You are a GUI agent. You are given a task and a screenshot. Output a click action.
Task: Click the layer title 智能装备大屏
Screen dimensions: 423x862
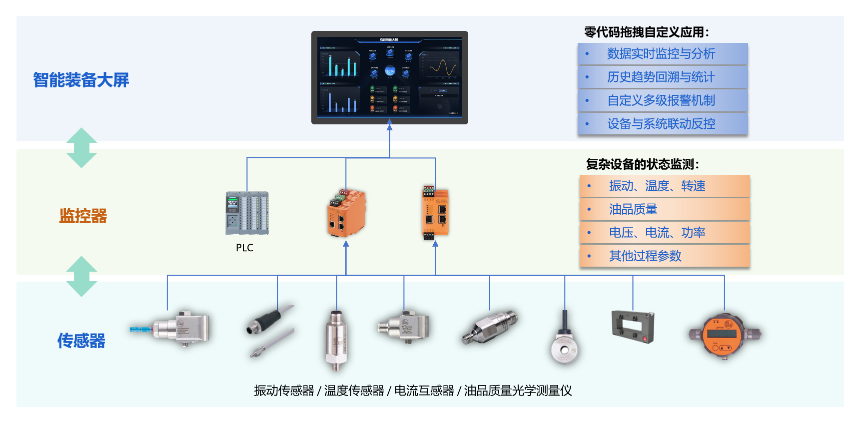click(x=81, y=80)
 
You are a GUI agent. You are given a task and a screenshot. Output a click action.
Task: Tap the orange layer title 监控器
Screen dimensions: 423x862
click(x=83, y=216)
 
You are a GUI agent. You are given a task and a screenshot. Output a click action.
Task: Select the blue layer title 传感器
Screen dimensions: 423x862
click(x=81, y=341)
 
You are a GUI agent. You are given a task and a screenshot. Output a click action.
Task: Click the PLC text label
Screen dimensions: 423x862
click(x=244, y=248)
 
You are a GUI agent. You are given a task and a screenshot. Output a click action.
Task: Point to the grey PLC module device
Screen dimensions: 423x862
click(x=247, y=213)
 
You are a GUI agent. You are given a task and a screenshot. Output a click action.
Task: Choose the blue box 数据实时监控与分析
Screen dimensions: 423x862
click(x=662, y=53)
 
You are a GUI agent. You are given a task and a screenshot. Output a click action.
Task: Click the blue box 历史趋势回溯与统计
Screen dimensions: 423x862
click(x=662, y=77)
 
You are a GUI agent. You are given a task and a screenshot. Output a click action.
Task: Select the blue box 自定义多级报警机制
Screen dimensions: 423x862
click(x=662, y=100)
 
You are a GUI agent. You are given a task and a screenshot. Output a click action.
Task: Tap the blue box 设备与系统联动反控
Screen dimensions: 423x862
click(x=662, y=124)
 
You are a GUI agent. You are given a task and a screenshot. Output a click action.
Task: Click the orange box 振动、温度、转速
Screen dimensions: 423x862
click(x=664, y=186)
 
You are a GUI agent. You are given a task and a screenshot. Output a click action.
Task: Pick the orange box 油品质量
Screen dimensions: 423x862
click(x=664, y=209)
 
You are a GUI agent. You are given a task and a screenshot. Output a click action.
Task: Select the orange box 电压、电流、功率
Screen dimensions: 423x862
click(x=664, y=233)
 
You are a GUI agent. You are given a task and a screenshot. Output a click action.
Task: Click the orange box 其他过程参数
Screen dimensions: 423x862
click(x=664, y=256)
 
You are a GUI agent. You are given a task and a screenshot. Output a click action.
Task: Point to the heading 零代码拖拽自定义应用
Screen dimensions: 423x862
click(x=646, y=32)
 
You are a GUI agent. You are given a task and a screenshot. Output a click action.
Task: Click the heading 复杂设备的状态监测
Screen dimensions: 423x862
click(x=642, y=164)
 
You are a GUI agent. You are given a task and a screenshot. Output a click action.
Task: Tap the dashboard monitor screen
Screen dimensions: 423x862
click(x=389, y=77)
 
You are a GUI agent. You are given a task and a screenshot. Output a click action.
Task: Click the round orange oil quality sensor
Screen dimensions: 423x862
click(x=724, y=335)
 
